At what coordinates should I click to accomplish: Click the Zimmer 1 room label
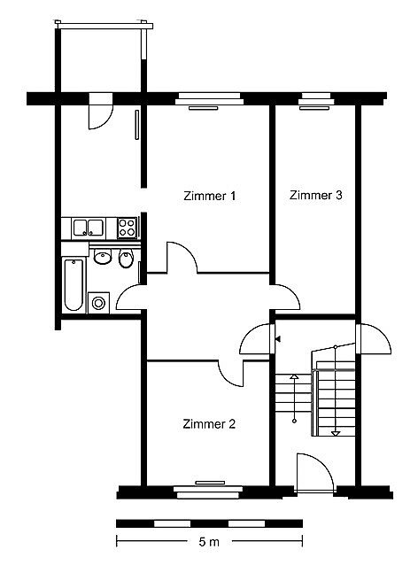(209, 196)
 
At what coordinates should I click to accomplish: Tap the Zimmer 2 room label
(209, 423)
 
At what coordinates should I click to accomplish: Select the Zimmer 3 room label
(315, 196)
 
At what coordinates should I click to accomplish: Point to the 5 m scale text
(209, 542)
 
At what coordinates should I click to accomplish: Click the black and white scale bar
(209, 523)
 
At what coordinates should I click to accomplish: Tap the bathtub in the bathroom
(74, 284)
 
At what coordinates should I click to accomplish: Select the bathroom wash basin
(103, 257)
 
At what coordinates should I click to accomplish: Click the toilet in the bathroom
(126, 258)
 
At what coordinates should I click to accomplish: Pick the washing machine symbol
(98, 303)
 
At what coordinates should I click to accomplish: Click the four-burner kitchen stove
(127, 228)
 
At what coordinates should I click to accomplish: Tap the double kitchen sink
(88, 228)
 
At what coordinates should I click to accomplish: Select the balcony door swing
(101, 111)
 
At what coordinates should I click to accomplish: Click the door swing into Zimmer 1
(182, 258)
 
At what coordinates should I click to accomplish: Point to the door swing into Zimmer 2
(231, 374)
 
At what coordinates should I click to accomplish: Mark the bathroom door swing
(130, 298)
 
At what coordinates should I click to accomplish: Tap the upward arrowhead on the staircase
(294, 376)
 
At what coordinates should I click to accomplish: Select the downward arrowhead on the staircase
(336, 433)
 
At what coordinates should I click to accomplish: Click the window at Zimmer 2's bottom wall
(209, 491)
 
